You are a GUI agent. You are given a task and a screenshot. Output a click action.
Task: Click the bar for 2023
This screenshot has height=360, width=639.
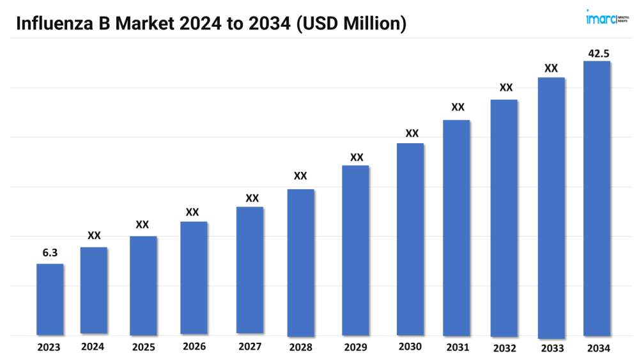[50, 299]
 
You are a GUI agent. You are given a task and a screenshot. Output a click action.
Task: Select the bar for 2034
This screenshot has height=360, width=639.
[597, 198]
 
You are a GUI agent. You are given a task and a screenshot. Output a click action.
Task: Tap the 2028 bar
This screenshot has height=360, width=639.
[300, 262]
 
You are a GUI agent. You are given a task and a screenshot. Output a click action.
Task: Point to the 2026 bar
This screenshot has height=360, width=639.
[194, 278]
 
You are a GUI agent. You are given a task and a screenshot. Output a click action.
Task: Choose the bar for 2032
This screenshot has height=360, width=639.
[504, 217]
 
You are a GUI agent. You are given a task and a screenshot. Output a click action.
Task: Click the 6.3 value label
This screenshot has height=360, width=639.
[50, 253]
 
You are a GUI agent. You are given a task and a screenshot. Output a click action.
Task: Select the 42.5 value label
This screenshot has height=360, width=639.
[598, 54]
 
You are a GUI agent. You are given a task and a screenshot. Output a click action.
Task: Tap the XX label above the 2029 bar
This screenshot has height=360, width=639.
[357, 157]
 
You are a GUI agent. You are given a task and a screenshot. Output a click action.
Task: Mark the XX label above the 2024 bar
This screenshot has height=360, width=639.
[94, 236]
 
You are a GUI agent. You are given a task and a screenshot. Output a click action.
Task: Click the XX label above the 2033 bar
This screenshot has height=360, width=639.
[551, 68]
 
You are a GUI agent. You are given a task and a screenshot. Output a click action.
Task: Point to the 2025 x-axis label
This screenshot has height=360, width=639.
[143, 348]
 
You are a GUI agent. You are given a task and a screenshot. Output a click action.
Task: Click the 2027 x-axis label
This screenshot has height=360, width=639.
[249, 347]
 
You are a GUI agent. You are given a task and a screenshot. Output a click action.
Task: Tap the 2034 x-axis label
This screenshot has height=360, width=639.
[598, 348]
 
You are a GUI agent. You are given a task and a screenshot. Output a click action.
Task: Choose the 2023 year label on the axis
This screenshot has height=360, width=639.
[49, 348]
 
